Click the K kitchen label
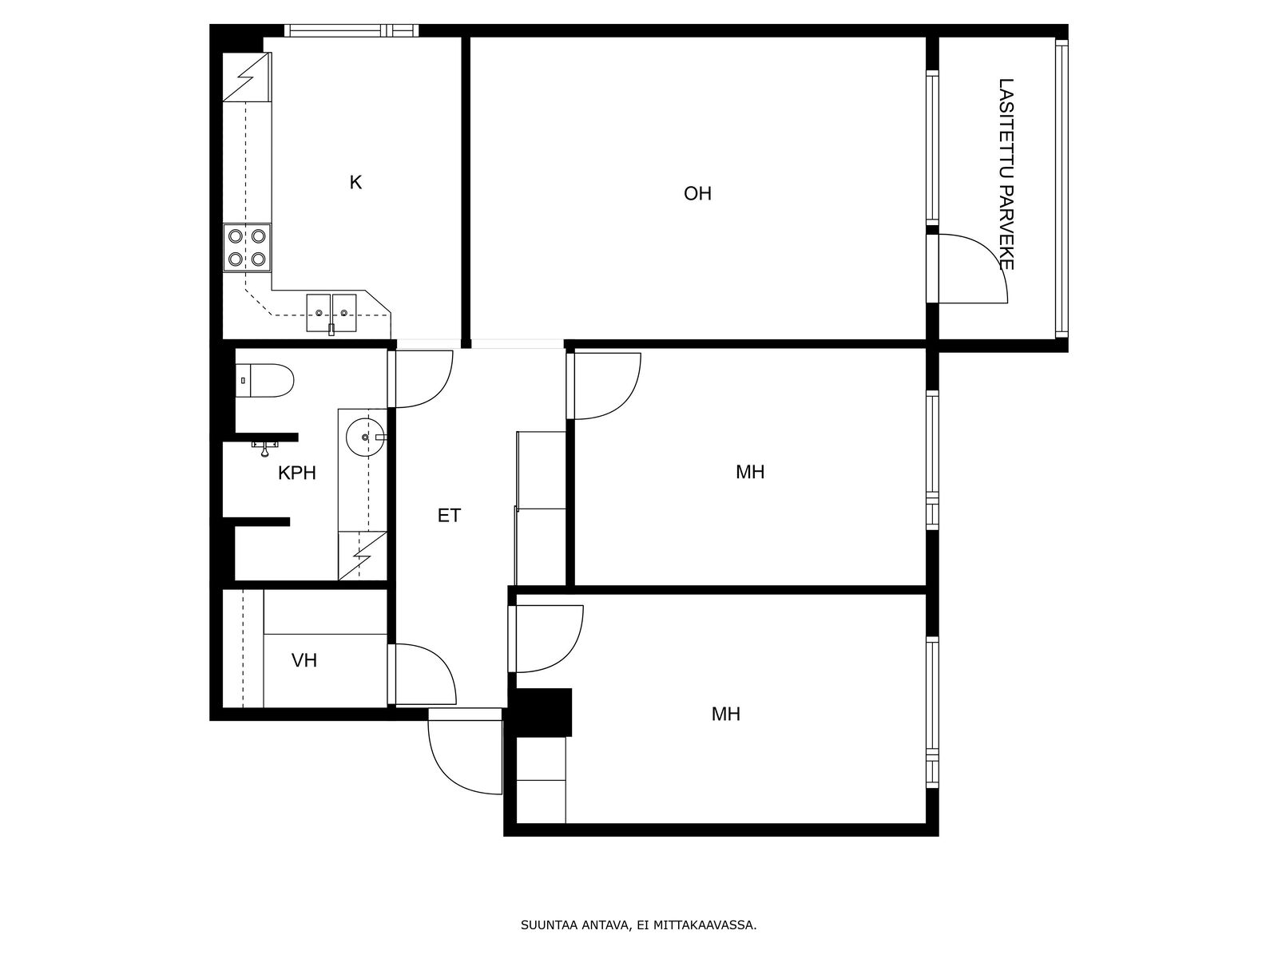click(x=355, y=183)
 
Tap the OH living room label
click(x=697, y=194)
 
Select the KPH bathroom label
click(x=297, y=473)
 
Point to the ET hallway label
click(x=449, y=516)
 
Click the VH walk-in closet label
click(x=304, y=660)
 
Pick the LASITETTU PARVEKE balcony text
click(x=1006, y=174)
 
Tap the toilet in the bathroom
click(x=265, y=381)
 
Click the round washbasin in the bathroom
click(x=366, y=436)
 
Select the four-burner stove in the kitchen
click(x=247, y=247)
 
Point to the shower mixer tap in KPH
click(x=265, y=448)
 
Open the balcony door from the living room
click(x=967, y=269)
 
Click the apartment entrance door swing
click(x=465, y=751)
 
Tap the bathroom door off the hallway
click(x=420, y=378)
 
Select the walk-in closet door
click(x=422, y=674)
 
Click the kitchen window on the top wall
click(x=351, y=31)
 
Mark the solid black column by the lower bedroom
click(x=540, y=713)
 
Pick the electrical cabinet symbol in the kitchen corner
click(x=247, y=77)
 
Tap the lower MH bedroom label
click(x=725, y=714)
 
